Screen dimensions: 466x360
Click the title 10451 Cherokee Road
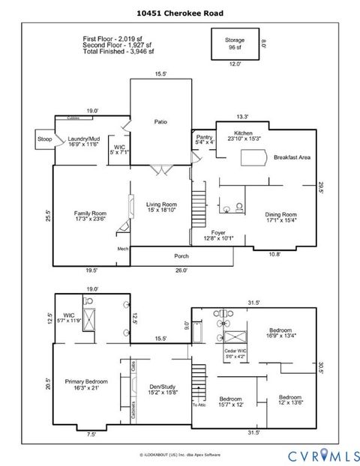click(180, 13)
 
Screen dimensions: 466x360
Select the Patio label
click(160, 121)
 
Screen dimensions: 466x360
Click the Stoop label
click(44, 139)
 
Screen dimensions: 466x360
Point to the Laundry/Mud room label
click(83, 141)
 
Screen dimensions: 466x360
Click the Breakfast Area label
click(292, 157)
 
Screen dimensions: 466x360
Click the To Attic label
click(198, 404)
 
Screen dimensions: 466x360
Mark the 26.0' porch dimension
click(181, 270)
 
